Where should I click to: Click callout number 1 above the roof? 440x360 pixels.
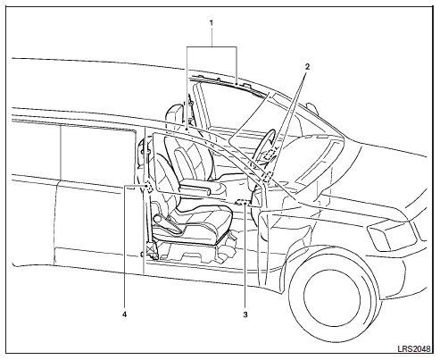coord(212,23)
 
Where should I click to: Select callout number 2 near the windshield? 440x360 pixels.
coord(307,67)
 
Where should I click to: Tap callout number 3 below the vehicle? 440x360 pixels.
coord(245,314)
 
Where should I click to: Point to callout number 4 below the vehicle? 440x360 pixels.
coord(124,314)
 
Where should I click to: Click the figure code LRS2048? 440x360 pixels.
coord(414,348)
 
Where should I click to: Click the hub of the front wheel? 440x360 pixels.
coord(332,298)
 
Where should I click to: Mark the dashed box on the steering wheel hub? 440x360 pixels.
coord(270,155)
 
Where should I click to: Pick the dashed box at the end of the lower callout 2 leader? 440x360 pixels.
coord(267,177)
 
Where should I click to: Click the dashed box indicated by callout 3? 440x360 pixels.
coord(242,203)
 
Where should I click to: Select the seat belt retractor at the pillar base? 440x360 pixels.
coord(152,251)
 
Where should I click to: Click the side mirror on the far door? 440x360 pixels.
coord(311,108)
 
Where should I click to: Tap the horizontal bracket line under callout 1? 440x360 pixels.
coord(212,46)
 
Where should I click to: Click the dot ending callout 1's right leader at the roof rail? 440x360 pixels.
coord(237,85)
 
